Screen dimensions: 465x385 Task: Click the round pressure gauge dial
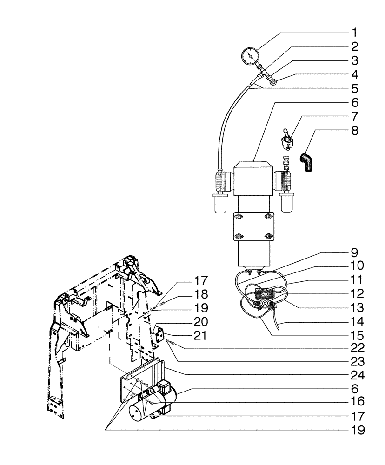pyautogui.click(x=250, y=56)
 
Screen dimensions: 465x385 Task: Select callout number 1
pyautogui.click(x=354, y=33)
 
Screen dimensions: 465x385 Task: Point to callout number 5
pyautogui.click(x=354, y=88)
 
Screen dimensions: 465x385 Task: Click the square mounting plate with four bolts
pyautogui.click(x=253, y=226)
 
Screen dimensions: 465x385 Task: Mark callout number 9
pyautogui.click(x=354, y=254)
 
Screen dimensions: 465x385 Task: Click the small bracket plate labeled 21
pyautogui.click(x=161, y=333)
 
